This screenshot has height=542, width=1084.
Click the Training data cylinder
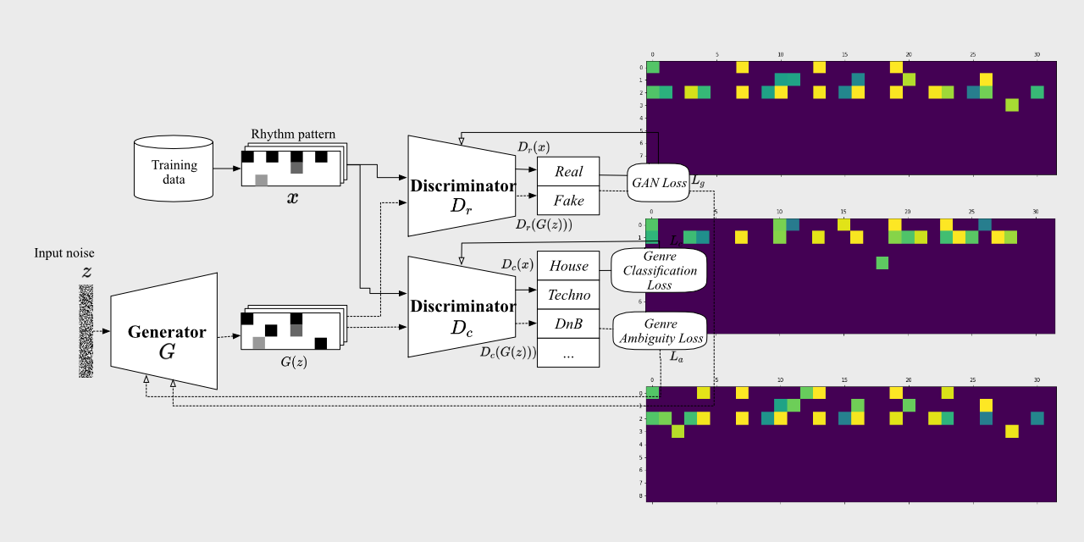tap(174, 168)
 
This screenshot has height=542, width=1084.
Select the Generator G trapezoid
tap(164, 331)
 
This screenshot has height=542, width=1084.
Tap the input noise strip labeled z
tap(86, 330)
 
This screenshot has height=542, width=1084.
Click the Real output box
tap(568, 172)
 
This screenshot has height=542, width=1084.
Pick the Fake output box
tap(568, 201)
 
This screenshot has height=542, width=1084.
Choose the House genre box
tap(568, 266)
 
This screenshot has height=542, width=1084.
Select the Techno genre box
tap(568, 295)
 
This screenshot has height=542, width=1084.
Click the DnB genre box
tap(568, 324)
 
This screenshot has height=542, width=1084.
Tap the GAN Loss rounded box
tap(658, 182)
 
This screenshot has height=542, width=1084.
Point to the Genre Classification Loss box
tap(660, 271)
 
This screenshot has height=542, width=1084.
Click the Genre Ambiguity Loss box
tap(660, 331)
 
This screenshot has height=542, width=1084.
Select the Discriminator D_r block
tap(462, 186)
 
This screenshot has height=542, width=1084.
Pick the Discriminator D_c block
tap(462, 307)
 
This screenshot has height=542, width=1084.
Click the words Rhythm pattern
tap(293, 135)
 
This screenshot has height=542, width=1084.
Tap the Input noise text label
tap(65, 253)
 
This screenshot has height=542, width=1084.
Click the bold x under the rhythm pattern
tap(293, 198)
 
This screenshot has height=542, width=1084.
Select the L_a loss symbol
tap(676, 357)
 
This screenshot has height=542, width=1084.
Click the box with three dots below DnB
tap(568, 353)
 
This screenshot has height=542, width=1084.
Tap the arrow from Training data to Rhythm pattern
tap(227, 169)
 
